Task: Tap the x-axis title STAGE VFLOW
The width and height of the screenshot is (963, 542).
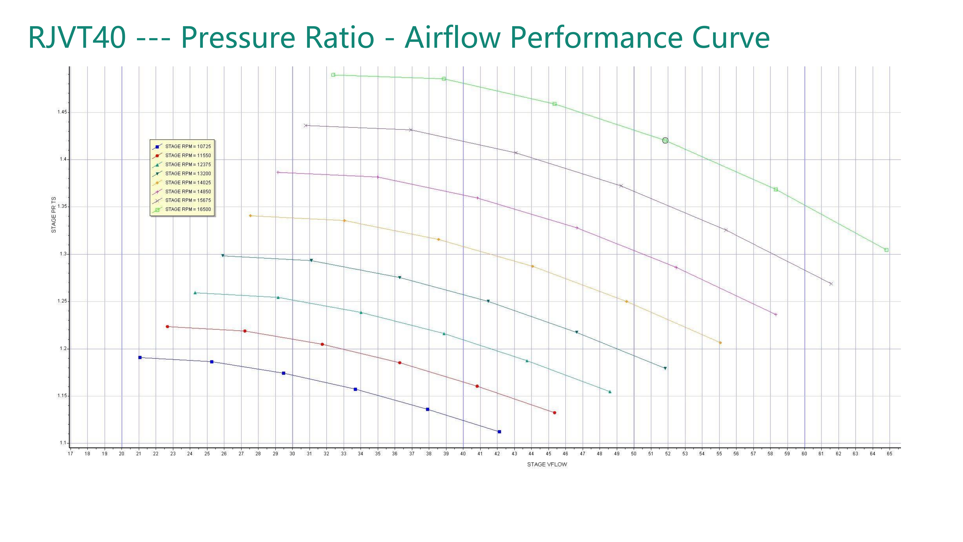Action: pyautogui.click(x=547, y=465)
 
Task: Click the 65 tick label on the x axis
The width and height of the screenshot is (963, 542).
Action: pyautogui.click(x=889, y=454)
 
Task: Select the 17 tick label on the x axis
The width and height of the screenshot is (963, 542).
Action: pyautogui.click(x=70, y=454)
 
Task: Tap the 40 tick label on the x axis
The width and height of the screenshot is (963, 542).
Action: pyautogui.click(x=463, y=454)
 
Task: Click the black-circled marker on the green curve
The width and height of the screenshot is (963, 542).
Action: pyautogui.click(x=665, y=141)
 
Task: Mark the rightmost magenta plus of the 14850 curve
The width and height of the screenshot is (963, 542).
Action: pyautogui.click(x=776, y=315)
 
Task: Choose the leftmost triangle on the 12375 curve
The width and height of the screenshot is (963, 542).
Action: pyautogui.click(x=195, y=293)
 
